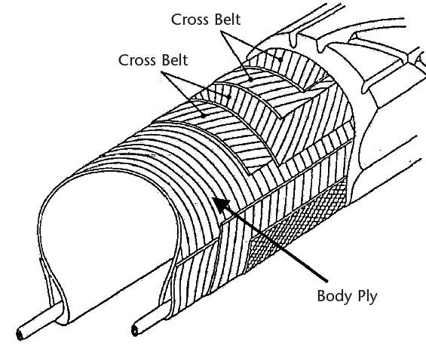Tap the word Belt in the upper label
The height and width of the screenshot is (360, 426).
(228, 20)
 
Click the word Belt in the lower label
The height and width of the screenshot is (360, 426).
(175, 60)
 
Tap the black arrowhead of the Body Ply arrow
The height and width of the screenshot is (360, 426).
(222, 205)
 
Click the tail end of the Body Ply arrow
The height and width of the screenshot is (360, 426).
(326, 280)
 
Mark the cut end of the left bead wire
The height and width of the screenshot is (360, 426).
(20, 334)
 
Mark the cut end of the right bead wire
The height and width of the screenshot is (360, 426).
(135, 330)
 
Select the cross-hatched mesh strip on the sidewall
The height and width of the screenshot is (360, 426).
(296, 221)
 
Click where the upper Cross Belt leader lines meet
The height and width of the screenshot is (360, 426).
(221, 31)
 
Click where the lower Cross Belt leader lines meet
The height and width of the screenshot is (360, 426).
(161, 72)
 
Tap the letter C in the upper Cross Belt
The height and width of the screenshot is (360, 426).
(176, 20)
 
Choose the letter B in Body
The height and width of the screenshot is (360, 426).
(322, 295)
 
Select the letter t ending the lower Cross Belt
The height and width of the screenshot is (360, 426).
(185, 60)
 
